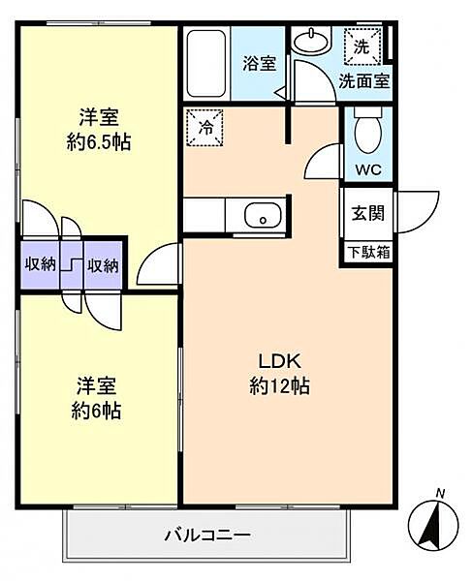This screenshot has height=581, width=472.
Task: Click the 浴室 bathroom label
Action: (259, 63)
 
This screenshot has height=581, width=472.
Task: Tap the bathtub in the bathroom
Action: (206, 64)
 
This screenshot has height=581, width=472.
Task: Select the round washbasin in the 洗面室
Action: (310, 41)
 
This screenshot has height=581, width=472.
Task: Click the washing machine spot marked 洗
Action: (362, 46)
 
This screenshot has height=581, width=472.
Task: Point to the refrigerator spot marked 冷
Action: (205, 128)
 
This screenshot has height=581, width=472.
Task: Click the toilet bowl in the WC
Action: (368, 131)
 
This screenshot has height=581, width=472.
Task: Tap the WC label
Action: (368, 170)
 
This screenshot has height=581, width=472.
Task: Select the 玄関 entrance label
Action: (367, 213)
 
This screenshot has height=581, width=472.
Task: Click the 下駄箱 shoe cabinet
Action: (368, 253)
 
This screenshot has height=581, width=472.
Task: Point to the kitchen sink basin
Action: (263, 215)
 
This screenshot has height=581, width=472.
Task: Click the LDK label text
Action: (279, 361)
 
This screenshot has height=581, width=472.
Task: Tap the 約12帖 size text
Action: (279, 386)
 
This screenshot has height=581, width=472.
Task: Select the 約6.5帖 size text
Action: (99, 142)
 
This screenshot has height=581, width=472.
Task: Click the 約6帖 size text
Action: (96, 411)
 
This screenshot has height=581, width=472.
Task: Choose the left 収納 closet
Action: (40, 264)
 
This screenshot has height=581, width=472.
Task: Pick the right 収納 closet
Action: (103, 265)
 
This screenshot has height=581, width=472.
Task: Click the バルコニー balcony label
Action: (207, 535)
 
